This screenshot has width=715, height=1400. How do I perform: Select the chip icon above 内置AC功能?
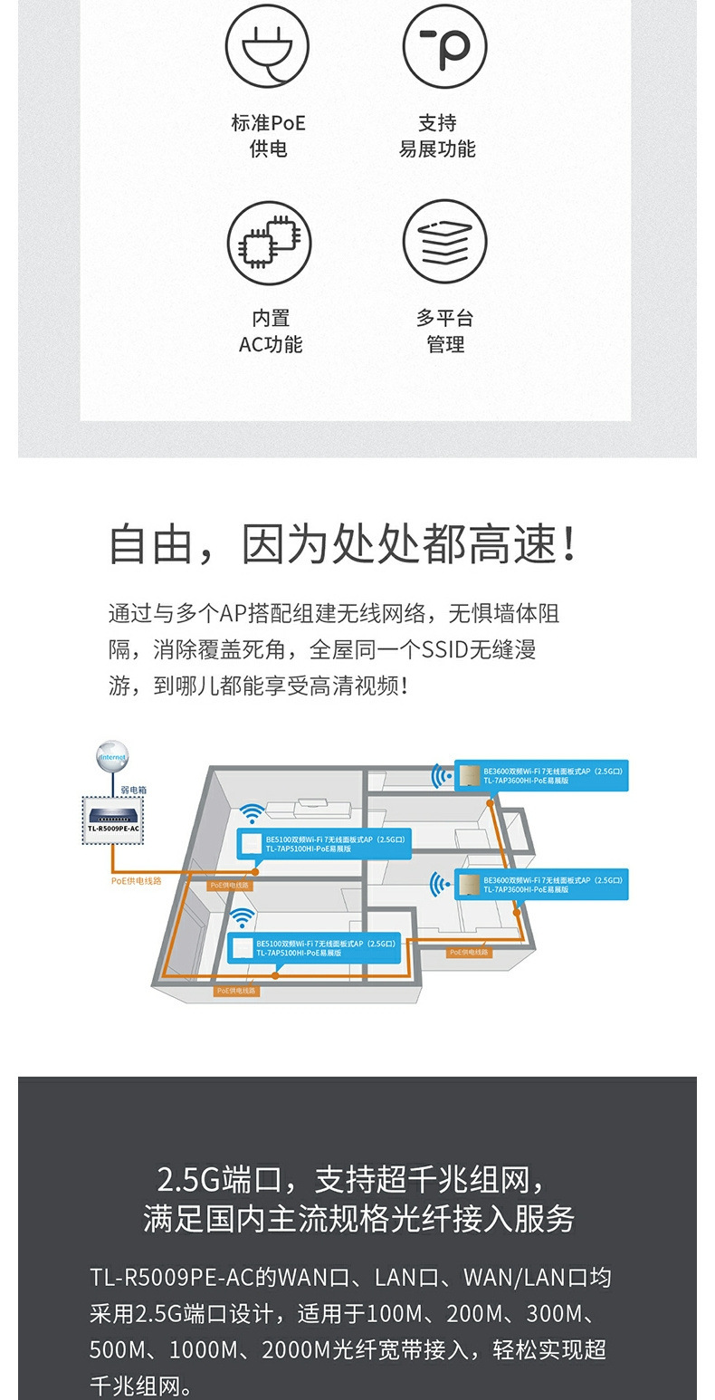pyautogui.click(x=269, y=242)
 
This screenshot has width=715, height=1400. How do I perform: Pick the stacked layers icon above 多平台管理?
pyautogui.click(x=444, y=242)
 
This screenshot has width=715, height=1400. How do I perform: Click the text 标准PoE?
pyautogui.click(x=268, y=123)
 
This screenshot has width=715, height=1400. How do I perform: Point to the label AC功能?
pyautogui.click(x=270, y=344)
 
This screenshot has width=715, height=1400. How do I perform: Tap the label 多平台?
pyautogui.click(x=444, y=318)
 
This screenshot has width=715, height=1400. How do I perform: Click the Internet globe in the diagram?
pyautogui.click(x=112, y=756)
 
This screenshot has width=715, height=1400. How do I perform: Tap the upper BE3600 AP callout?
pyautogui.click(x=541, y=775)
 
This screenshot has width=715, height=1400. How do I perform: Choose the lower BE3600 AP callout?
pyautogui.click(x=541, y=884)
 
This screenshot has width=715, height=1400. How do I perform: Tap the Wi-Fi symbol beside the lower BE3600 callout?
pyautogui.click(x=442, y=884)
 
